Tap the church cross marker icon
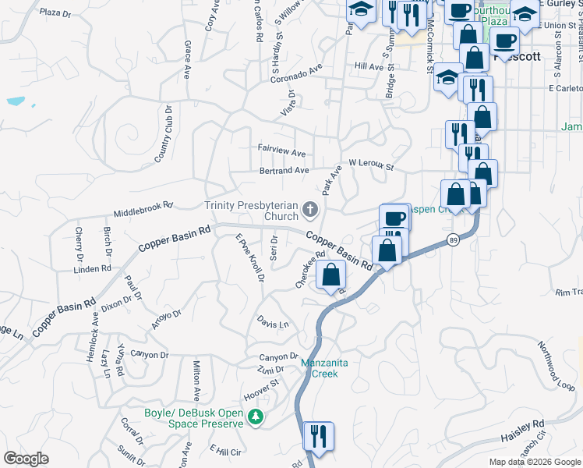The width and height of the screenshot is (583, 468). (310, 209)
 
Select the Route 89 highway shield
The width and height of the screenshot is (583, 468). (453, 239)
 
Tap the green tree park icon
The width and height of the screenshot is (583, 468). (254, 419)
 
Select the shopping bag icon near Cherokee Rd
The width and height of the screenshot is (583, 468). (331, 275)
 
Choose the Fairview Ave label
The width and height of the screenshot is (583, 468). (281, 147)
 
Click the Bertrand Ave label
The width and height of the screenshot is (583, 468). (284, 170)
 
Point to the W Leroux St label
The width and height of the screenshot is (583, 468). (372, 165)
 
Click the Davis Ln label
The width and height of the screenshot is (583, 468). (273, 323)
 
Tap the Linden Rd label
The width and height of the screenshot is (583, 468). (93, 269)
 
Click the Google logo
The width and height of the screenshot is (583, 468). (26, 459)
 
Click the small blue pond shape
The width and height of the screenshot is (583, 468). (16, 101)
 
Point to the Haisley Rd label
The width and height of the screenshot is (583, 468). (522, 431)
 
